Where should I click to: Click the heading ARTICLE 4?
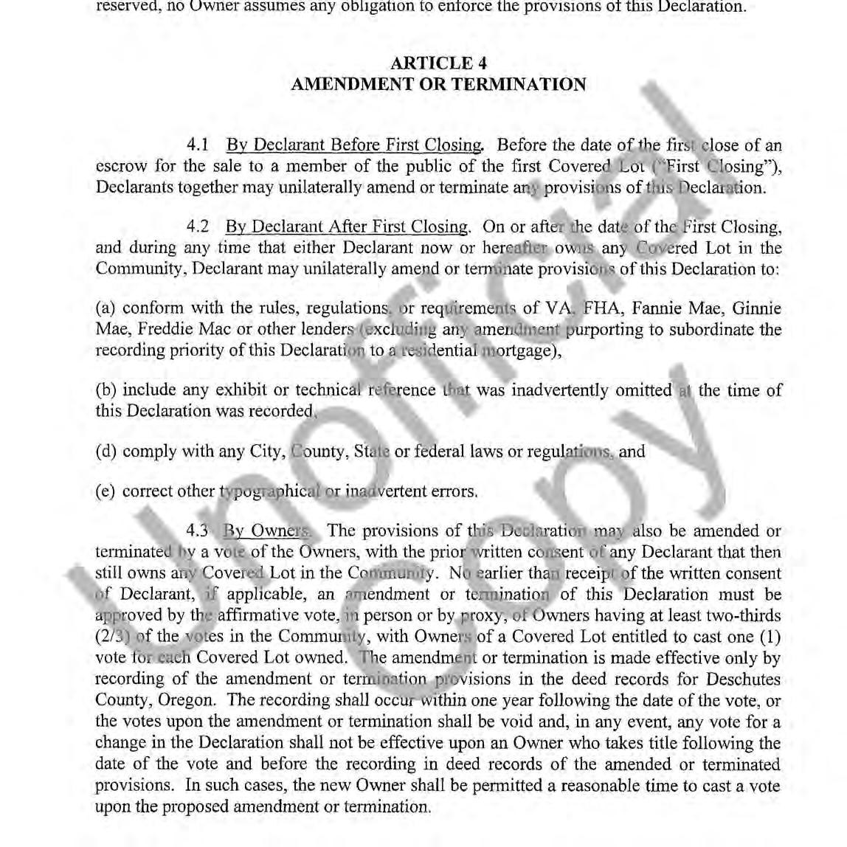[438, 63]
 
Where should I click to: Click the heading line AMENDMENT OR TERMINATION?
[438, 84]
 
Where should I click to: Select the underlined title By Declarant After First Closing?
[347, 227]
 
